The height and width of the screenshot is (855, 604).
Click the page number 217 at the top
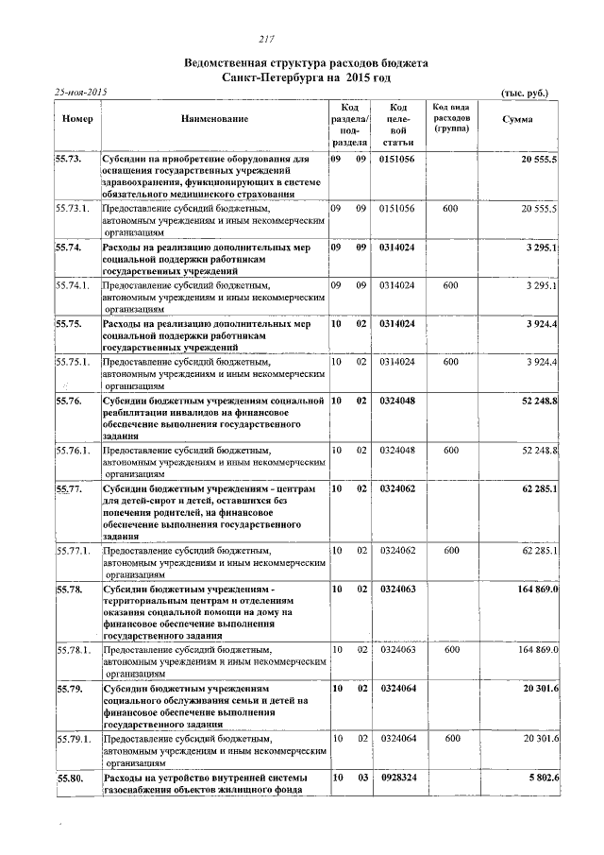(266, 38)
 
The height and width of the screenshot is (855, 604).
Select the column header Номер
(76, 119)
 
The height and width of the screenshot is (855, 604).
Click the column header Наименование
(215, 119)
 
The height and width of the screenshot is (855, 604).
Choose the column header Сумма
(517, 119)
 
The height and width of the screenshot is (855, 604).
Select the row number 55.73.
(70, 160)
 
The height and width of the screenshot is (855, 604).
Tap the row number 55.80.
(70, 777)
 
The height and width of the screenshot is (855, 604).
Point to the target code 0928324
(397, 777)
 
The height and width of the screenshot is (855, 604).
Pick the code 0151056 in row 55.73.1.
(397, 207)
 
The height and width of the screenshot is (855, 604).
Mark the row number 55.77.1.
(74, 550)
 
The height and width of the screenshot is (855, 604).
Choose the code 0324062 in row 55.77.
(397, 489)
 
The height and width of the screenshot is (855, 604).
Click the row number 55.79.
(70, 689)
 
